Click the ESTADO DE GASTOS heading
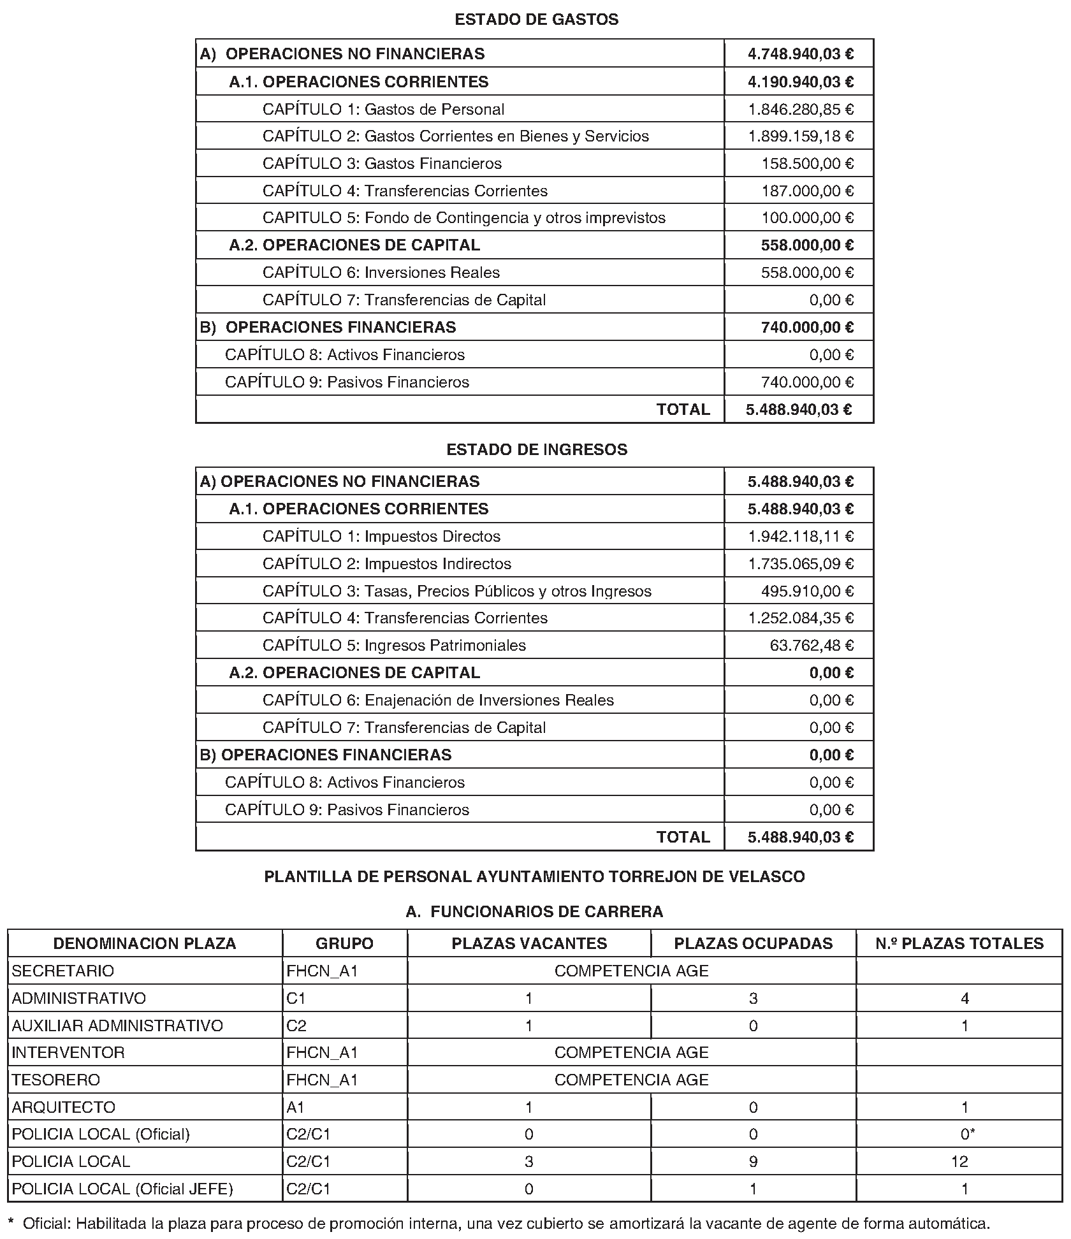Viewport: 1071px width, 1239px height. tap(536, 20)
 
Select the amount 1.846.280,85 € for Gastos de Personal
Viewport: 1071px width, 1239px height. tap(801, 110)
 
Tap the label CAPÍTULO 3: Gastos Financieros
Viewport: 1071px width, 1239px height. tap(382, 164)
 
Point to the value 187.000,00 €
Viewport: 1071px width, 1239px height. tap(807, 191)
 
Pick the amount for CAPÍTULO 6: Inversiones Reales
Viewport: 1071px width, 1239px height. tap(807, 273)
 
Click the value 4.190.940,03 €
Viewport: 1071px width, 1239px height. tap(801, 82)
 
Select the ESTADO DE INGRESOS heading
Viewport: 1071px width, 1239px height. tap(536, 450)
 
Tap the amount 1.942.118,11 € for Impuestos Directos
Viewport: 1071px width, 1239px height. tap(801, 537)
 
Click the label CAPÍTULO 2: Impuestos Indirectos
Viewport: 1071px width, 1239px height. tap(386, 564)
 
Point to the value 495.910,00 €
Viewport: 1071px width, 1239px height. tap(807, 591)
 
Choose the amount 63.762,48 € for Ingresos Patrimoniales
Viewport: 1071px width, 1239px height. tap(812, 646)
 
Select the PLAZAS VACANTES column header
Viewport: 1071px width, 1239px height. tap(529, 944)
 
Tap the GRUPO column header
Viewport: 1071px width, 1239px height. tap(344, 944)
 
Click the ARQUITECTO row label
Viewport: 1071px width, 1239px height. tap(64, 1107)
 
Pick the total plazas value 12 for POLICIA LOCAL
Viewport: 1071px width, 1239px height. tap(959, 1162)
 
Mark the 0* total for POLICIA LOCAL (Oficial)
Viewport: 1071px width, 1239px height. tap(967, 1134)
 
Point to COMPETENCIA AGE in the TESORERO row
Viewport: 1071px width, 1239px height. tap(631, 1080)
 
